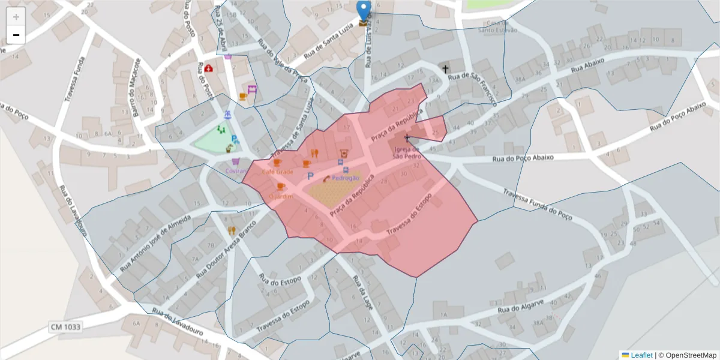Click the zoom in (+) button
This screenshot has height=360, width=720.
(x=16, y=16)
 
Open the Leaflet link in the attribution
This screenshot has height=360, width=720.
(x=641, y=355)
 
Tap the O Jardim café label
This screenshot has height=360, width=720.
(x=281, y=196)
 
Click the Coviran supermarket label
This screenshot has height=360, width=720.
(x=236, y=171)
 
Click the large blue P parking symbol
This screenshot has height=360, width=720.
(x=310, y=176)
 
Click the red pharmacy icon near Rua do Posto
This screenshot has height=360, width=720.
(x=208, y=68)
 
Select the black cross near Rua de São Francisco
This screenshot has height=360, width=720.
(x=445, y=69)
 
